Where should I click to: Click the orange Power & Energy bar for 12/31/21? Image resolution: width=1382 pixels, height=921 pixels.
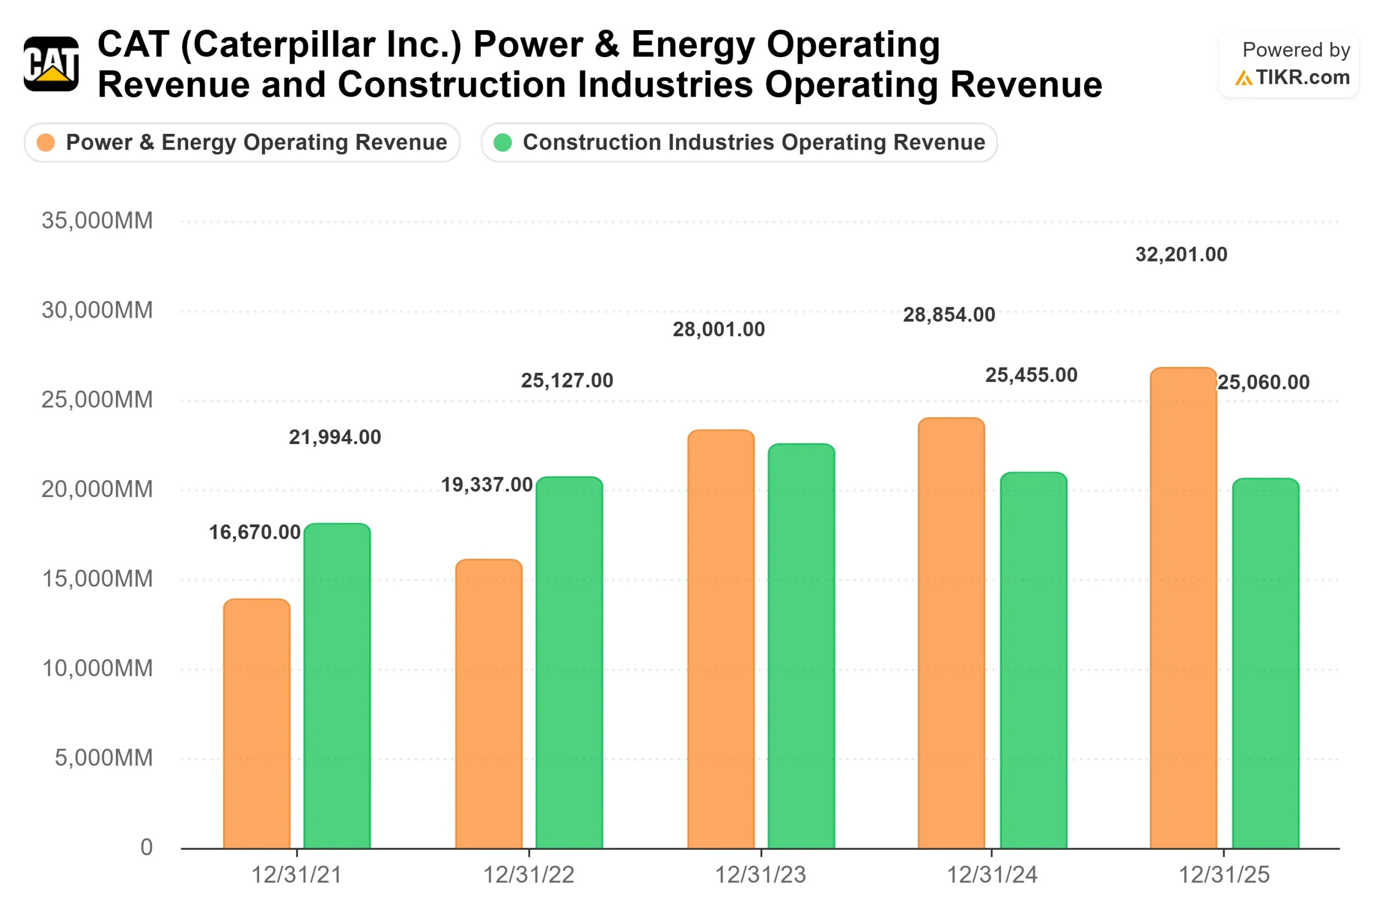pyautogui.click(x=257, y=724)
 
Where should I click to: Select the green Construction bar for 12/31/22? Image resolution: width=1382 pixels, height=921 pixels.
pyautogui.click(x=569, y=663)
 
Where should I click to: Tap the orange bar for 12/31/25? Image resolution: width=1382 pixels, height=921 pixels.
pyautogui.click(x=1183, y=608)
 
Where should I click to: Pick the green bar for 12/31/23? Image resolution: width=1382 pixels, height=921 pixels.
pyautogui.click(x=801, y=646)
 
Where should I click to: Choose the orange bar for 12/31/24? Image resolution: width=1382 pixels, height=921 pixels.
pyautogui.click(x=951, y=633)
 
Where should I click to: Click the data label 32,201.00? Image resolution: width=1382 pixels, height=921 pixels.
pyautogui.click(x=1181, y=255)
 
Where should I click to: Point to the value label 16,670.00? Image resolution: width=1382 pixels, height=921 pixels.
pyautogui.click(x=254, y=533)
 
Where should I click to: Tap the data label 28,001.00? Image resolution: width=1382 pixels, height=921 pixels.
pyautogui.click(x=719, y=330)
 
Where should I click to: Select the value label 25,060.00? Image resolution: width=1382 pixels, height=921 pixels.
pyautogui.click(x=1263, y=383)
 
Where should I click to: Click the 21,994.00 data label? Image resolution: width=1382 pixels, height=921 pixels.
pyautogui.click(x=335, y=438)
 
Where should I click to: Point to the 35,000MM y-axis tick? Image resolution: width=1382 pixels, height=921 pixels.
pyautogui.click(x=97, y=221)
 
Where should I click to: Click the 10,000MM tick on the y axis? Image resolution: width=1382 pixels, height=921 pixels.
pyautogui.click(x=97, y=668)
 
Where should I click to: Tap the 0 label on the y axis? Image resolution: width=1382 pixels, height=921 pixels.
pyautogui.click(x=146, y=848)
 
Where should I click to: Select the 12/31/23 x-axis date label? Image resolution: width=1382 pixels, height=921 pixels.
pyautogui.click(x=760, y=875)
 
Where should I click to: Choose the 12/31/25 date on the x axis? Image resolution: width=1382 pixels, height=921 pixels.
pyautogui.click(x=1224, y=875)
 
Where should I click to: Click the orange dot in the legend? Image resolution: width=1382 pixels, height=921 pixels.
pyautogui.click(x=46, y=143)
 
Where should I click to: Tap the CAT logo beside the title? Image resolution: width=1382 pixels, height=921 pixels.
pyautogui.click(x=51, y=64)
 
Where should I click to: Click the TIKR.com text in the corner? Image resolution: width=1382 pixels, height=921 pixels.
pyautogui.click(x=1302, y=78)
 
